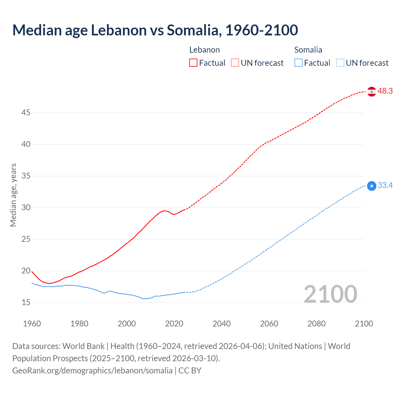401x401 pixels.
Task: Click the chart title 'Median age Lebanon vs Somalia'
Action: [155, 30]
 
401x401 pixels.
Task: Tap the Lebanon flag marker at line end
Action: [372, 91]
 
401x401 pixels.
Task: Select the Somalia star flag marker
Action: [372, 186]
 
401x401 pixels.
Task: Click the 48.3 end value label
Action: [385, 91]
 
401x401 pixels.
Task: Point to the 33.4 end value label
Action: [385, 185]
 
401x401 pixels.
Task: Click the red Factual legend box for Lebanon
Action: [193, 63]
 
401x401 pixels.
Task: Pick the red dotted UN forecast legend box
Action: [235, 63]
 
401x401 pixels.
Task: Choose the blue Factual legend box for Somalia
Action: [299, 63]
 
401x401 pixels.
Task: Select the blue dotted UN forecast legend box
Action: [340, 63]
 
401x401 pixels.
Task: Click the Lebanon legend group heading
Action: [205, 50]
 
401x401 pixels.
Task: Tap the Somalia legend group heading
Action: [308, 50]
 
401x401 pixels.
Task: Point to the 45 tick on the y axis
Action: [26, 112]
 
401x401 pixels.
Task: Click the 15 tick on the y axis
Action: [26, 303]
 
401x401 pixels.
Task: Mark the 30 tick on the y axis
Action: [26, 208]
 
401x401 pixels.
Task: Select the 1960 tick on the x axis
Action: [32, 324]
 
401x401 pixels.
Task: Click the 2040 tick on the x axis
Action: [222, 324]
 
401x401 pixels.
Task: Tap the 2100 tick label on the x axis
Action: [364, 324]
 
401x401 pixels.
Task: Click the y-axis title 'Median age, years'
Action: [13, 195]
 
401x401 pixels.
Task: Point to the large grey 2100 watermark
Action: [331, 294]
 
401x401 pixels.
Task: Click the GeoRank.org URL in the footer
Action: [92, 371]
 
